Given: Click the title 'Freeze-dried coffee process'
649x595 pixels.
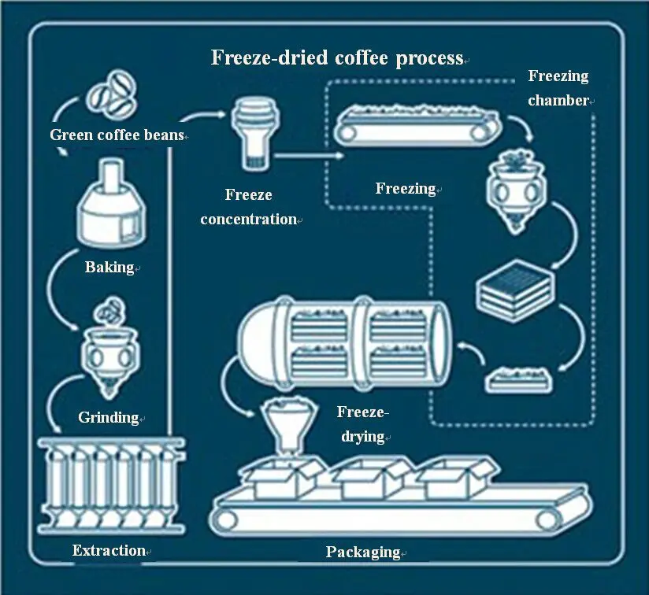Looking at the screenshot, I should coord(337,58).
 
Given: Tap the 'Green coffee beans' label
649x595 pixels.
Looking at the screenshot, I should coord(117,135).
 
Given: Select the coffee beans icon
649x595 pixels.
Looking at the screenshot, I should coord(109,92).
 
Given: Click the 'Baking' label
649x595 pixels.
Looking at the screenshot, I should coord(109,268).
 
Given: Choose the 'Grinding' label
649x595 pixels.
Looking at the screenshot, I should coord(109,417).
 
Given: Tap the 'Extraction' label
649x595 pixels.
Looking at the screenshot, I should coord(109,551).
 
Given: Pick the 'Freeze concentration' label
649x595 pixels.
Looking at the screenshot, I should coord(248,207).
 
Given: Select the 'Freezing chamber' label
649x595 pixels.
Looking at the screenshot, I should coord(558,88).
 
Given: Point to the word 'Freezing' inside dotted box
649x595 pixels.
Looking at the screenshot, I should coord(406,189).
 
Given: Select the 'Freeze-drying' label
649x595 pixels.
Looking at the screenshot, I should coord(362,423).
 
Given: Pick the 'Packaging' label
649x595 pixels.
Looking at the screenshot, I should coord(363,552).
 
